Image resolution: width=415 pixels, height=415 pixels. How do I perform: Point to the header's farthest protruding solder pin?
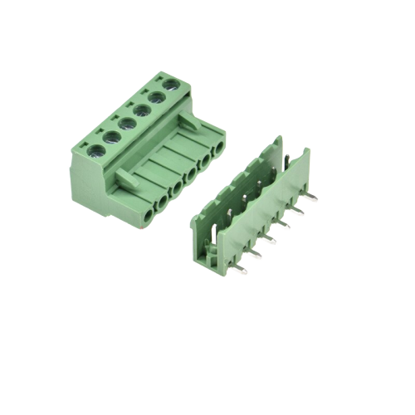coord(313,197)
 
